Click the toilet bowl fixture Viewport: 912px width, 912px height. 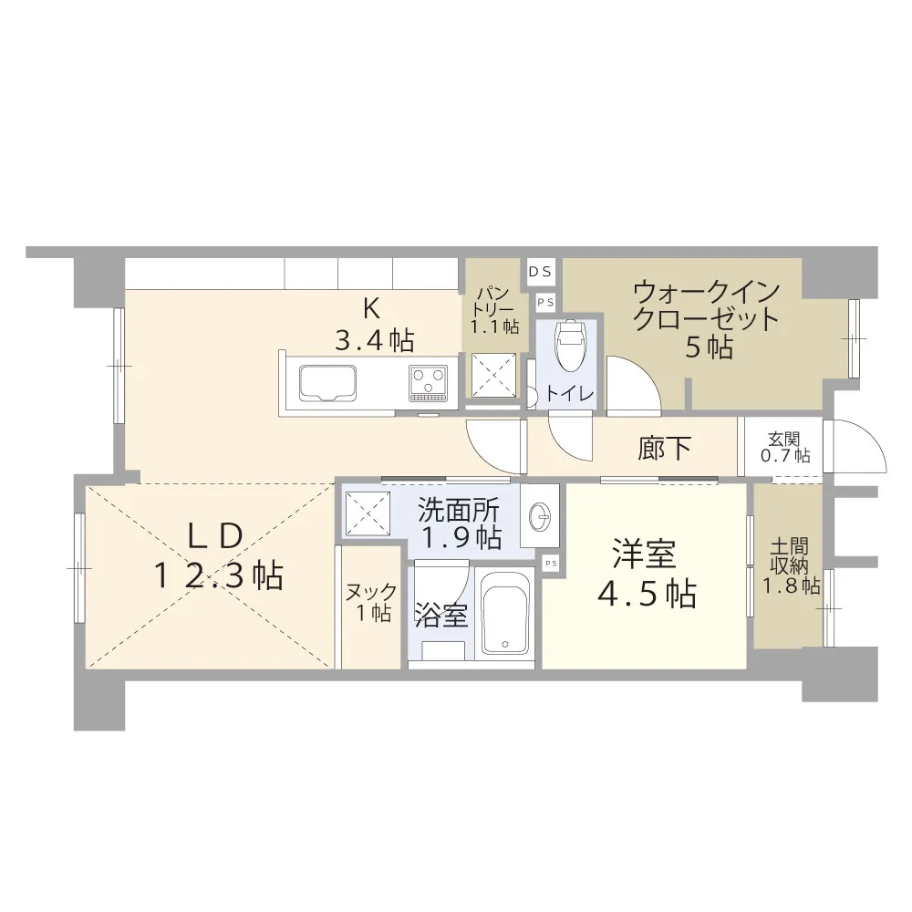(569, 346)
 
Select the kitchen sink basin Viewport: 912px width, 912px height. (327, 383)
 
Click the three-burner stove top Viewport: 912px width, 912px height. (429, 383)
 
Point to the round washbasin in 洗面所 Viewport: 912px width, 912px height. (539, 515)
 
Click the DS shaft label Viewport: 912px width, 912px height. (540, 272)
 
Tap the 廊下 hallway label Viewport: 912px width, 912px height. (664, 448)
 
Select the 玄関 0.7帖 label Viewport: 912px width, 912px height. (785, 447)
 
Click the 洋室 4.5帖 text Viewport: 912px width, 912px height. (647, 574)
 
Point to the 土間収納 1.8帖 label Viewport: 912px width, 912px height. (791, 566)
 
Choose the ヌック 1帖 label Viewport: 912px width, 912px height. (370, 602)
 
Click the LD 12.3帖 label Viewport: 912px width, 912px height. (219, 556)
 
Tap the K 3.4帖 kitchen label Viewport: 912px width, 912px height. (374, 326)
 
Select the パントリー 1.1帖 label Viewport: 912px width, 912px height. (494, 310)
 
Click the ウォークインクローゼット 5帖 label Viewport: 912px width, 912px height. (707, 318)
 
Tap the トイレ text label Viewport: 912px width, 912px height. (569, 394)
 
